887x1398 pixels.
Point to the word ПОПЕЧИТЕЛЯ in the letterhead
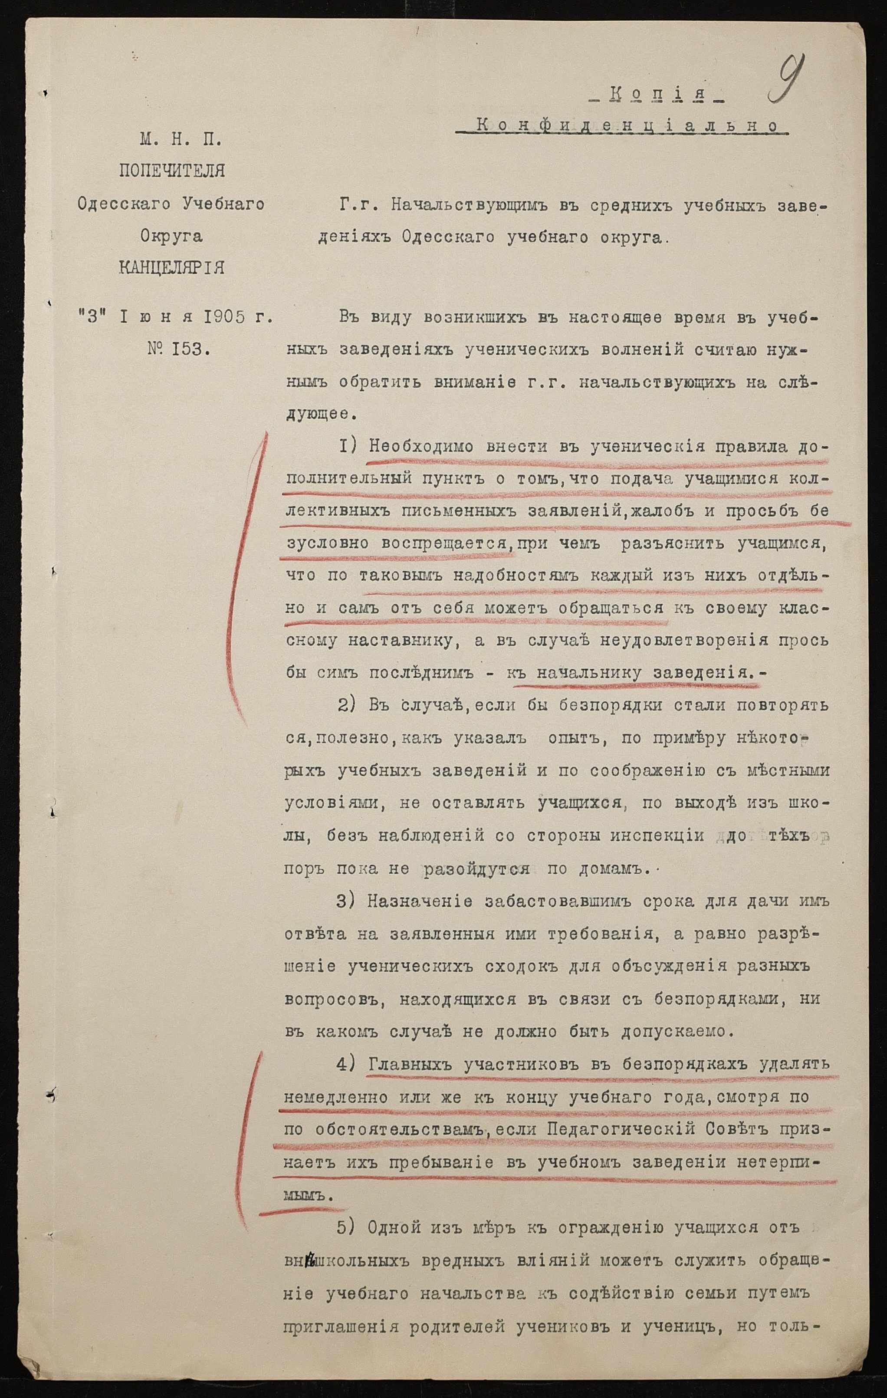[171, 172]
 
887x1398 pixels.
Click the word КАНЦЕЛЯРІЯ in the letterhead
[171, 268]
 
